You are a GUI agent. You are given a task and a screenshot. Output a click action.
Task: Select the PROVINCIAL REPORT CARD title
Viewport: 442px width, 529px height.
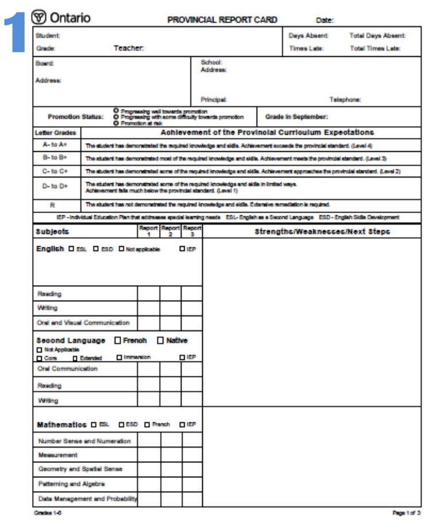[x=222, y=20]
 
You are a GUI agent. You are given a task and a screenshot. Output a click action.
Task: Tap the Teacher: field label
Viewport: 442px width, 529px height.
[x=128, y=48]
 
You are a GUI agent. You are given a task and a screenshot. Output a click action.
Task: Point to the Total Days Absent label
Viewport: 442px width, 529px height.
[x=377, y=36]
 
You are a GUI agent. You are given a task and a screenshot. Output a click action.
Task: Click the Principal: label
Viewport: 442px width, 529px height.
[x=214, y=99]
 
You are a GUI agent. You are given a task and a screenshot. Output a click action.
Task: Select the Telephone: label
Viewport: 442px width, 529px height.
[x=345, y=99]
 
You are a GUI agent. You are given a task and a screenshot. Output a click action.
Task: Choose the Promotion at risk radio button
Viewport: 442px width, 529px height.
[x=116, y=123]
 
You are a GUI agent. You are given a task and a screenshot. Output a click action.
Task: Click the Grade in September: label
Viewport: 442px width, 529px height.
[x=296, y=117]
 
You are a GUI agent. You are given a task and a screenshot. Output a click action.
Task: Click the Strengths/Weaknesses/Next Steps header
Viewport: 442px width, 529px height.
[x=322, y=231]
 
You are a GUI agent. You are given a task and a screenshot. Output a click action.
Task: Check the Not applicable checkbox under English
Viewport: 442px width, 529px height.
[x=121, y=249]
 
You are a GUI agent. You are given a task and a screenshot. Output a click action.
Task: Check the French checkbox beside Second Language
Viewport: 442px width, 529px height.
[x=118, y=340]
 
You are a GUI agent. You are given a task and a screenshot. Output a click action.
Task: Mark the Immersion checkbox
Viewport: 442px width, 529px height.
[x=119, y=357]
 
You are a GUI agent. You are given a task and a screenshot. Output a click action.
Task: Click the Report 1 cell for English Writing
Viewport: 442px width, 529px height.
[x=148, y=308]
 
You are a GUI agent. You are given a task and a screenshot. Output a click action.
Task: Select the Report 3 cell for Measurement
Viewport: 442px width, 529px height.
[x=192, y=455]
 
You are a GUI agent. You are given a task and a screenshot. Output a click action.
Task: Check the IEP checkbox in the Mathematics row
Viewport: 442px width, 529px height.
[x=182, y=425]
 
